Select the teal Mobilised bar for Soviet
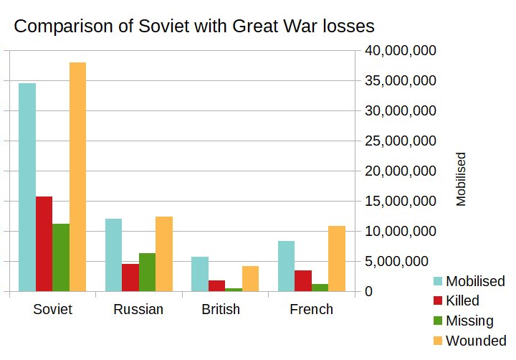click(27, 187)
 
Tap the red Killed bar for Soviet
click(44, 244)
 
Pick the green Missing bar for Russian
click(147, 273)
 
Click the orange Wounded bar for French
click(337, 259)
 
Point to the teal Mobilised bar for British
click(200, 274)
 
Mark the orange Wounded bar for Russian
click(164, 254)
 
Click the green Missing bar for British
click(234, 290)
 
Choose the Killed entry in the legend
click(462, 300)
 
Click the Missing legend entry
click(469, 321)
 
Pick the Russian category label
click(138, 310)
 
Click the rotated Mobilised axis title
click(461, 179)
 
